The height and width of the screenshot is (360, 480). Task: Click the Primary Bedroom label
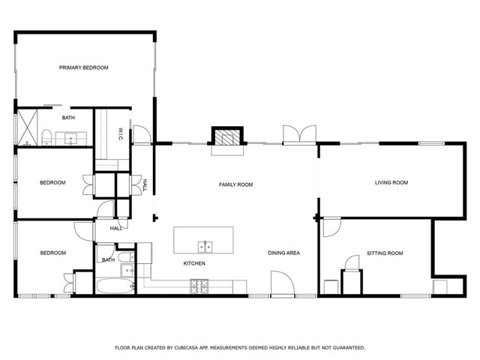[83, 67]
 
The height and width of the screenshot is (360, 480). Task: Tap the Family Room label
[235, 184]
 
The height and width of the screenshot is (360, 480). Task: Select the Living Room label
[391, 182]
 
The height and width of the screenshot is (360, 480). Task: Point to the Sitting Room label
[385, 253]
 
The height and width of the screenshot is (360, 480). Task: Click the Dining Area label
[283, 253]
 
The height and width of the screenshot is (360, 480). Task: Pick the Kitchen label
[194, 263]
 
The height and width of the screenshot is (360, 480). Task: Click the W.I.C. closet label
[121, 134]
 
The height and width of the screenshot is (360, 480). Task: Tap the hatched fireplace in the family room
[227, 137]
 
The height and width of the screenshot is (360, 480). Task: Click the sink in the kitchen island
[205, 247]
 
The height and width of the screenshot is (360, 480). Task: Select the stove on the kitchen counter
[199, 286]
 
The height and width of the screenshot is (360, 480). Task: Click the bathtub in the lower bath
[115, 286]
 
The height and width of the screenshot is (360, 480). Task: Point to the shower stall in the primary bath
[27, 127]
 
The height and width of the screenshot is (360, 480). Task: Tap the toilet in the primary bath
[46, 137]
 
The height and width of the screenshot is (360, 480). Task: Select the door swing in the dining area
[283, 283]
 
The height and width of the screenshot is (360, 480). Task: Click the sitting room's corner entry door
[331, 226]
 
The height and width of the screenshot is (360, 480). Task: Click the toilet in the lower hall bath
[126, 257]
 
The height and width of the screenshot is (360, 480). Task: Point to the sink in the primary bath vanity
[71, 139]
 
